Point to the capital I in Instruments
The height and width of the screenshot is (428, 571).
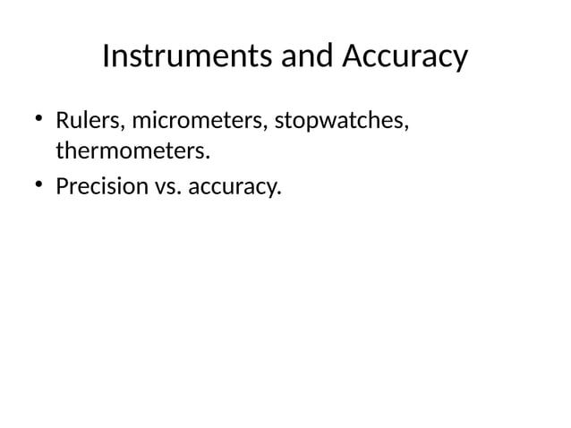pyautogui.click(x=107, y=57)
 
